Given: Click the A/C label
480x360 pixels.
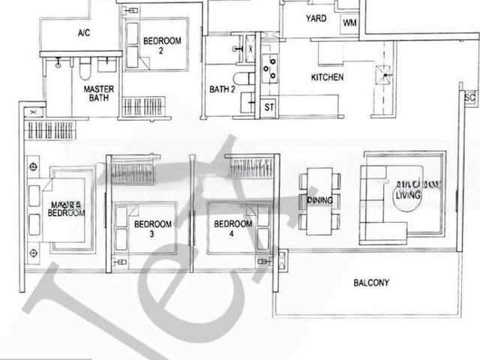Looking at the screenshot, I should (x=84, y=34).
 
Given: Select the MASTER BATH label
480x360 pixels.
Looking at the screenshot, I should (x=99, y=93).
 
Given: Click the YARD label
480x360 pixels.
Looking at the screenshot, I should (x=316, y=18).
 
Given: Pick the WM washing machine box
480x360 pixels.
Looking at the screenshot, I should (x=349, y=23).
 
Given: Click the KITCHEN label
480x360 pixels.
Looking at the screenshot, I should (x=328, y=77).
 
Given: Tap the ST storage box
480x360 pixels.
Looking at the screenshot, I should (x=268, y=108).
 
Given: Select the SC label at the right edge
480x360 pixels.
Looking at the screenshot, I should (x=469, y=97).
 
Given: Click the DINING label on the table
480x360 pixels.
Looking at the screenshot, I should (x=319, y=200).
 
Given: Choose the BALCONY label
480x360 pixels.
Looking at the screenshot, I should (x=371, y=283).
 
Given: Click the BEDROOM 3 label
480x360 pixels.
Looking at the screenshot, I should (x=154, y=229).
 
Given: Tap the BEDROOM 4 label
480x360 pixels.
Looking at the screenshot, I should (x=232, y=229).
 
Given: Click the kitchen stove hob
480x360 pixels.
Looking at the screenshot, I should (x=268, y=67).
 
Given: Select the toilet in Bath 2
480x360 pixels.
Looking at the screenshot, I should (x=241, y=78).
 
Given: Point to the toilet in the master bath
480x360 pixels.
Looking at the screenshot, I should (x=85, y=72).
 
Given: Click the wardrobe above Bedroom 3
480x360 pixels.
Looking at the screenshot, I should (x=133, y=169).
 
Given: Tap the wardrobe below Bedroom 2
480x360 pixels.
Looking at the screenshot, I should (x=145, y=106).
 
